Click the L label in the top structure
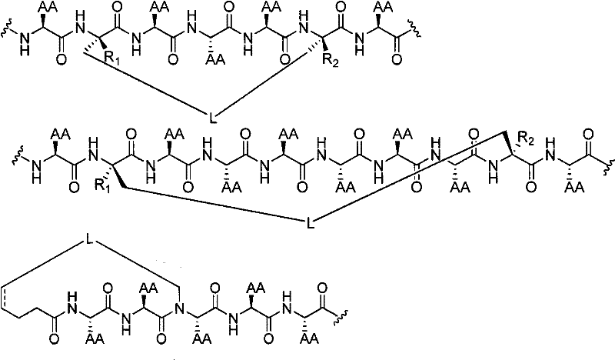[214, 117]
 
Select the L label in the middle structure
[308, 224]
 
